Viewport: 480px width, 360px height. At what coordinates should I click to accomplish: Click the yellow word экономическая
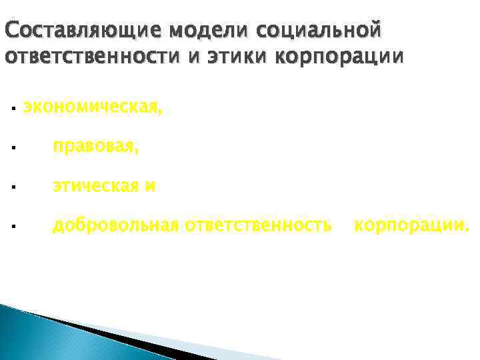(x=92, y=106)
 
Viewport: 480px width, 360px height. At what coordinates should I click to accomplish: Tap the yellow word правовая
(x=96, y=146)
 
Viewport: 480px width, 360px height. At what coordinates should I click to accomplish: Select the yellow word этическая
(x=96, y=186)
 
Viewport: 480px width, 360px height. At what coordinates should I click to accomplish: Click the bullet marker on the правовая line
(x=13, y=148)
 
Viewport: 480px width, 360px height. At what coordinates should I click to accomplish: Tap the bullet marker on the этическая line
(x=13, y=188)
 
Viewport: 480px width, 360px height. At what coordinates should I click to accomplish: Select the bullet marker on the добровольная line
(x=13, y=228)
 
